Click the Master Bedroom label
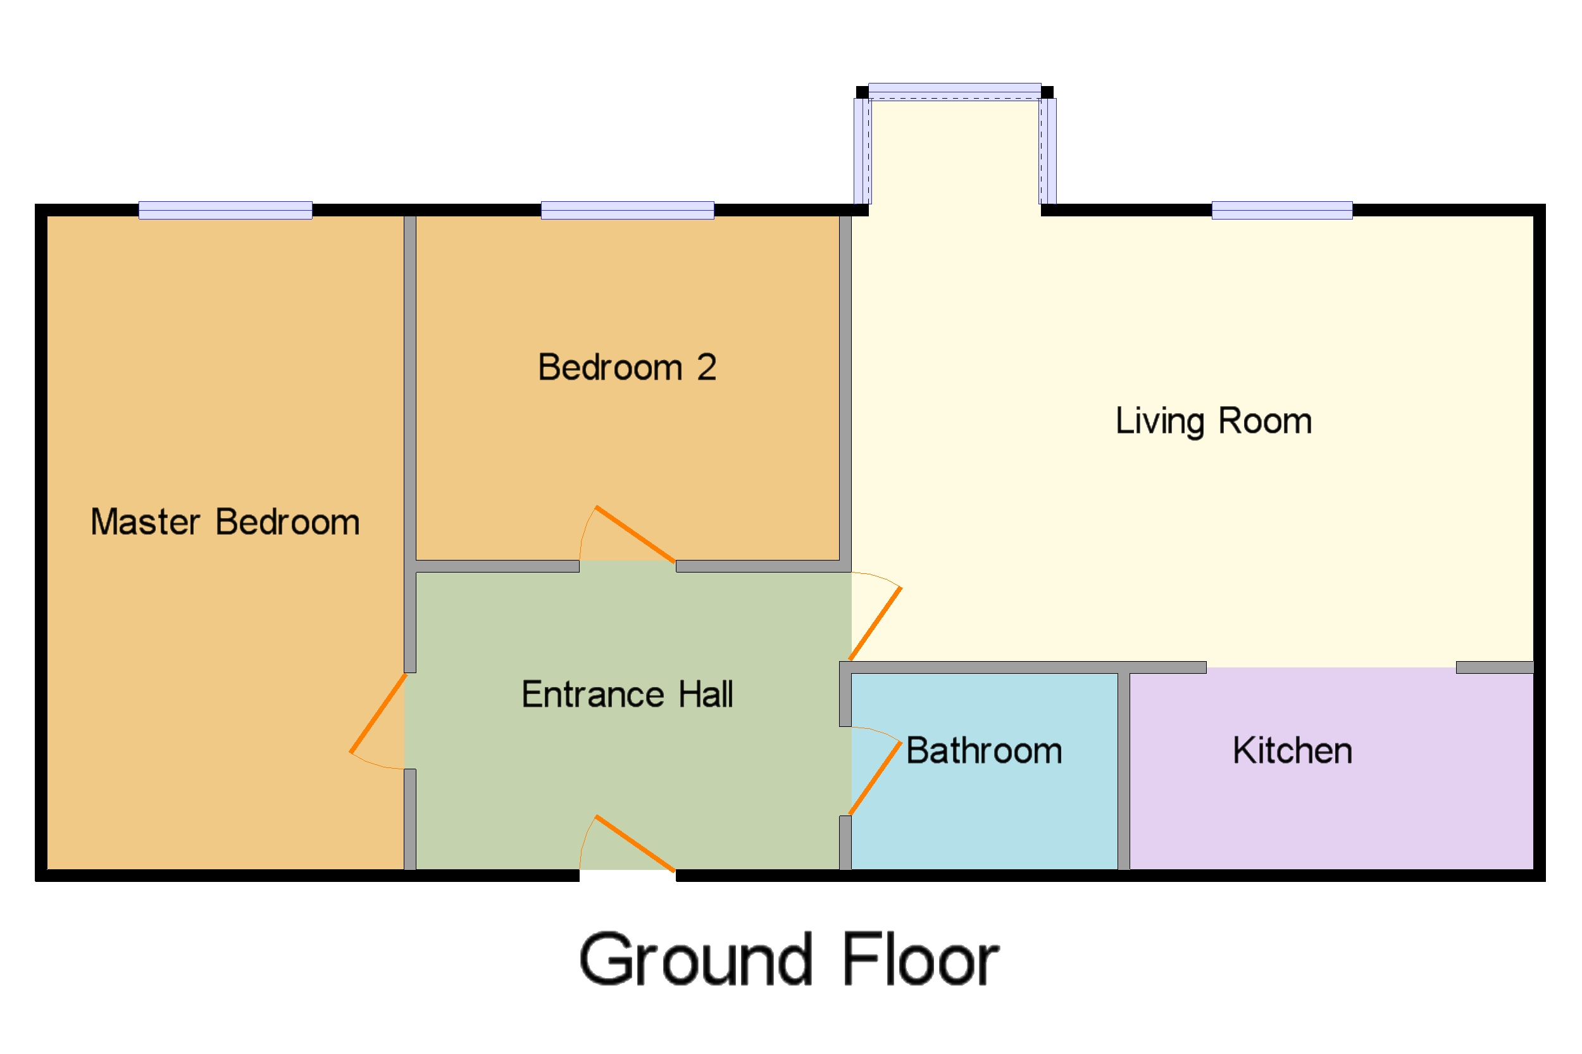[x=225, y=523]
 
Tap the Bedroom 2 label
[x=626, y=368]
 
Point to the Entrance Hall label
[x=626, y=695]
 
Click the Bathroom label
[x=983, y=751]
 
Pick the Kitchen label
[x=1291, y=751]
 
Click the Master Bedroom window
[x=225, y=211]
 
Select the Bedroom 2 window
[x=626, y=211]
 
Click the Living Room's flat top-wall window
[x=1281, y=211]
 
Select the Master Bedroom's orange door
[x=378, y=713]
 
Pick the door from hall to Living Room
[x=875, y=624]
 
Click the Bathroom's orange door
[x=875, y=778]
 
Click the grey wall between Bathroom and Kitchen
[x=1123, y=771]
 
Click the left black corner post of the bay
[x=861, y=92]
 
